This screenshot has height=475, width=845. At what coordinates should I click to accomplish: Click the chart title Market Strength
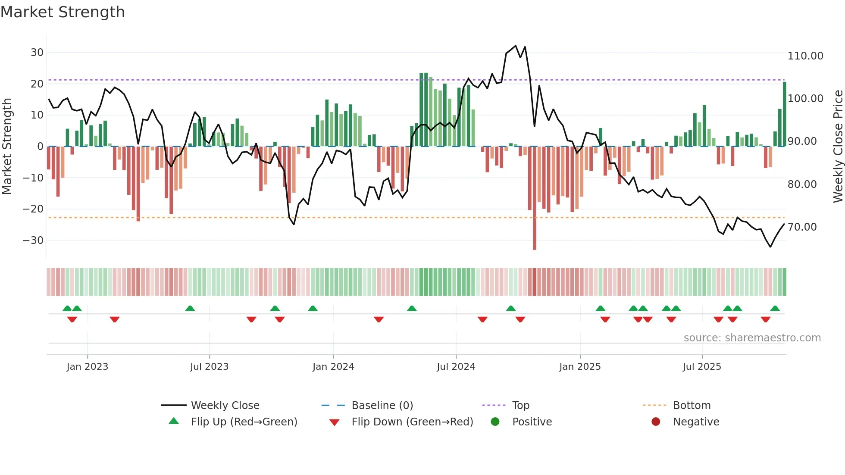(x=63, y=12)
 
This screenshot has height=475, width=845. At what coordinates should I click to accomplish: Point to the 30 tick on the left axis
(x=37, y=53)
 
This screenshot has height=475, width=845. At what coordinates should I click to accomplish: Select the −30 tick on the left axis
(x=33, y=240)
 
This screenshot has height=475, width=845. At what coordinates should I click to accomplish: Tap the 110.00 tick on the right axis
(x=805, y=56)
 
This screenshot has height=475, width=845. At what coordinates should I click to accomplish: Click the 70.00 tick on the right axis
(x=802, y=227)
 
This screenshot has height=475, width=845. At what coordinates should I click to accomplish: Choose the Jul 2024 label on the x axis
(x=456, y=367)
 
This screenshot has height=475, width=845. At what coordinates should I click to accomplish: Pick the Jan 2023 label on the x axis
(x=87, y=367)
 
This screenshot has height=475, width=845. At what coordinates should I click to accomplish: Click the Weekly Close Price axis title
(x=838, y=147)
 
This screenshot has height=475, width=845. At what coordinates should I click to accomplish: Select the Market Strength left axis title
(x=7, y=147)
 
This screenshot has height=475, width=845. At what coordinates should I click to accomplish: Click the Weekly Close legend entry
(x=225, y=406)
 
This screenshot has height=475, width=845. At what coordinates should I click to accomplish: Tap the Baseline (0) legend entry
(x=382, y=406)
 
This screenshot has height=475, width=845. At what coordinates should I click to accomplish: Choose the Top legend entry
(x=520, y=406)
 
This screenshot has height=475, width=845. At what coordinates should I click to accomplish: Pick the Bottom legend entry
(x=692, y=406)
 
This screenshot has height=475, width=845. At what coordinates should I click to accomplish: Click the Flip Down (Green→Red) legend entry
(x=412, y=422)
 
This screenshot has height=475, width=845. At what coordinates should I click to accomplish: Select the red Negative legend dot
(x=656, y=422)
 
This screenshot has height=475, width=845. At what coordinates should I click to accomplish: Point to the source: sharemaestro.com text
(x=752, y=338)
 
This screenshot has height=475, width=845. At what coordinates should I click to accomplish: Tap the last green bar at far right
(x=784, y=114)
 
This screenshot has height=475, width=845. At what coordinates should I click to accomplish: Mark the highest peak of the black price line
(x=516, y=46)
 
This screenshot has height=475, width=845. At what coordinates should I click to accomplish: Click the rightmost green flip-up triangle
(x=775, y=309)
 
